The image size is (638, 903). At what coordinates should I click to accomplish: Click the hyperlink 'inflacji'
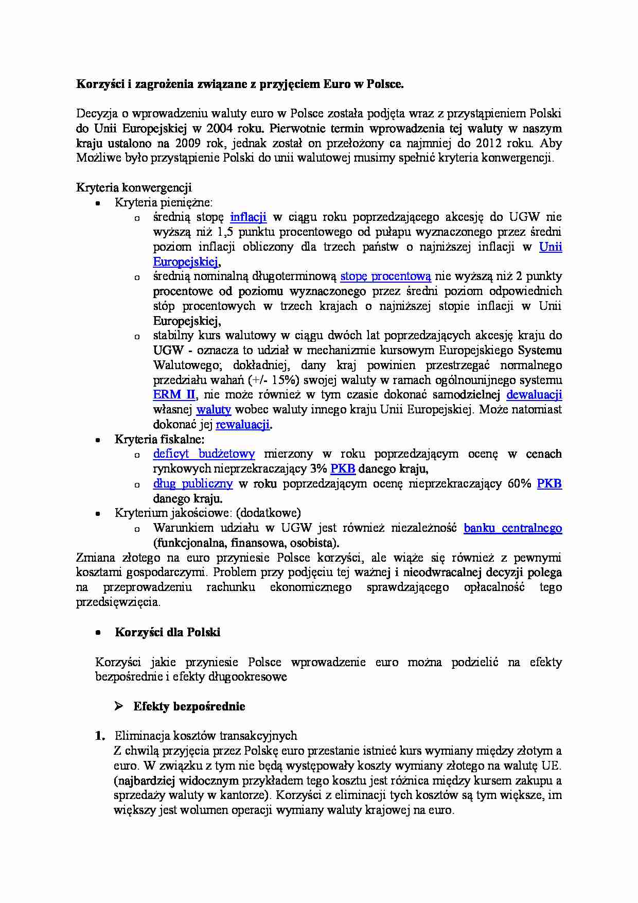pyautogui.click(x=248, y=217)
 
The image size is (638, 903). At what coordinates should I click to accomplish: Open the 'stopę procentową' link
pyautogui.click(x=385, y=276)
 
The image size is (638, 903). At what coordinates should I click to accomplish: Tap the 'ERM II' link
pyautogui.click(x=174, y=395)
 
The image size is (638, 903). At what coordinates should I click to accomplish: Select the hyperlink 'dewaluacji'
pyautogui.click(x=534, y=395)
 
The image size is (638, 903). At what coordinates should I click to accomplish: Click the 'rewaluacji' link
pyautogui.click(x=242, y=425)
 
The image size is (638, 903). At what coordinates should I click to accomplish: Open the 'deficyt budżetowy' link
pyautogui.click(x=204, y=454)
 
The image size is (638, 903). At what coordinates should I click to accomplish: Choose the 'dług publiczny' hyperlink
pyautogui.click(x=193, y=484)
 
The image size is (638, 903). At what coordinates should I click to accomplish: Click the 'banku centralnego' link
pyautogui.click(x=512, y=528)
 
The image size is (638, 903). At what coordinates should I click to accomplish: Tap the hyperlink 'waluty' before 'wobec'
pyautogui.click(x=214, y=410)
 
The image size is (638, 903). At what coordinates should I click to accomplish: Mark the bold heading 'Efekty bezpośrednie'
pyautogui.click(x=189, y=706)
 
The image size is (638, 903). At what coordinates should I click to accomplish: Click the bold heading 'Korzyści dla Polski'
pyautogui.click(x=167, y=632)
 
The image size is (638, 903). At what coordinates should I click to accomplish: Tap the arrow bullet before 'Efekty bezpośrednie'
pyautogui.click(x=118, y=706)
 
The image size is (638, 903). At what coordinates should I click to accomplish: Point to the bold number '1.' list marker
pyautogui.click(x=100, y=736)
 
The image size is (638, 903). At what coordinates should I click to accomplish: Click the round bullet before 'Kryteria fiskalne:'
pyautogui.click(x=98, y=440)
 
